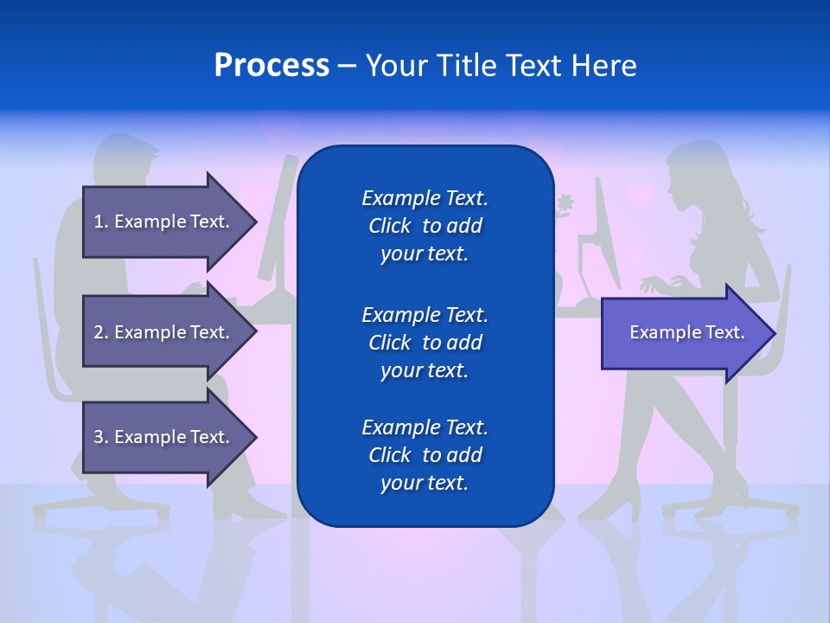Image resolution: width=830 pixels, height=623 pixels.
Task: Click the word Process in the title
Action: tap(271, 66)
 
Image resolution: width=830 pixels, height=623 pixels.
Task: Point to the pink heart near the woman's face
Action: tap(640, 196)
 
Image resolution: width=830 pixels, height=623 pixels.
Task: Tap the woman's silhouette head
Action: tap(700, 173)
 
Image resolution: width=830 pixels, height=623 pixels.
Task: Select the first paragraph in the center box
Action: tap(425, 226)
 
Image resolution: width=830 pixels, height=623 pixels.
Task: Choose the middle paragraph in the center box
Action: tap(425, 343)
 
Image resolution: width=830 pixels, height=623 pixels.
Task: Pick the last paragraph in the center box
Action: tap(425, 455)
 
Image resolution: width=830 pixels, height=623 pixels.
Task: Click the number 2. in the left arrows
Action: tap(101, 332)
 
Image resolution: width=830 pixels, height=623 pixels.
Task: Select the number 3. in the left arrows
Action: tap(101, 437)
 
